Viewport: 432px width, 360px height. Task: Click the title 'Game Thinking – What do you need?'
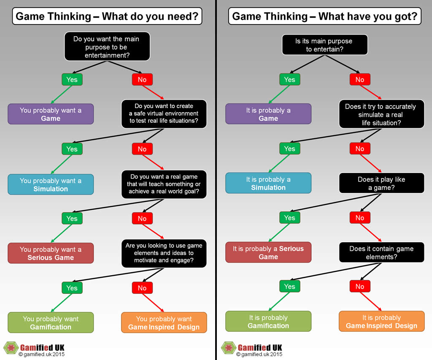pos(107,16)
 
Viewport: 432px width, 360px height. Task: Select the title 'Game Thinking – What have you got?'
pos(324,16)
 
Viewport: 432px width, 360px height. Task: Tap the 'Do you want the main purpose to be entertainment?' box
pos(107,46)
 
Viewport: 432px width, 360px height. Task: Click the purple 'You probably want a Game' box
pos(51,114)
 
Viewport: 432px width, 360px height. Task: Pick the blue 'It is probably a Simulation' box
pos(268,183)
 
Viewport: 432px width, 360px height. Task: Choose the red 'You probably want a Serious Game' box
pos(51,253)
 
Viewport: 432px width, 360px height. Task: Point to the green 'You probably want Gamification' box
pos(51,323)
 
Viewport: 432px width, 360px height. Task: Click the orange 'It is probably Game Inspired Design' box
pos(381,322)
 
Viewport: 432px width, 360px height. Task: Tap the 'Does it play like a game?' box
pos(381,183)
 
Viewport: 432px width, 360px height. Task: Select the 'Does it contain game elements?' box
pos(381,252)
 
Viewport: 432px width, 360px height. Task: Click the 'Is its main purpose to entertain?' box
pos(325,45)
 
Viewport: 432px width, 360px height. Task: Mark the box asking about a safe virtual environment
pos(164,114)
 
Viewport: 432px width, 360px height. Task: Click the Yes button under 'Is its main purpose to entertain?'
pos(289,80)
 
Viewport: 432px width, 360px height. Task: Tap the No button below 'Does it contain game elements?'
pos(360,287)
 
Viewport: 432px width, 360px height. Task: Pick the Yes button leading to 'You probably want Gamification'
pos(72,288)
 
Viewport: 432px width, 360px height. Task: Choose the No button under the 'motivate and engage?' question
pos(142,288)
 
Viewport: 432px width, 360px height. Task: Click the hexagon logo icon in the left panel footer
pos(11,348)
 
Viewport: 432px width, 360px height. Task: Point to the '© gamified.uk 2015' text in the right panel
pos(259,355)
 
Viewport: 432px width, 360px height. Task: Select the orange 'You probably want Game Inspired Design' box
pos(164,323)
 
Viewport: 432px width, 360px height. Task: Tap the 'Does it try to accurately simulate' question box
pos(381,114)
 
